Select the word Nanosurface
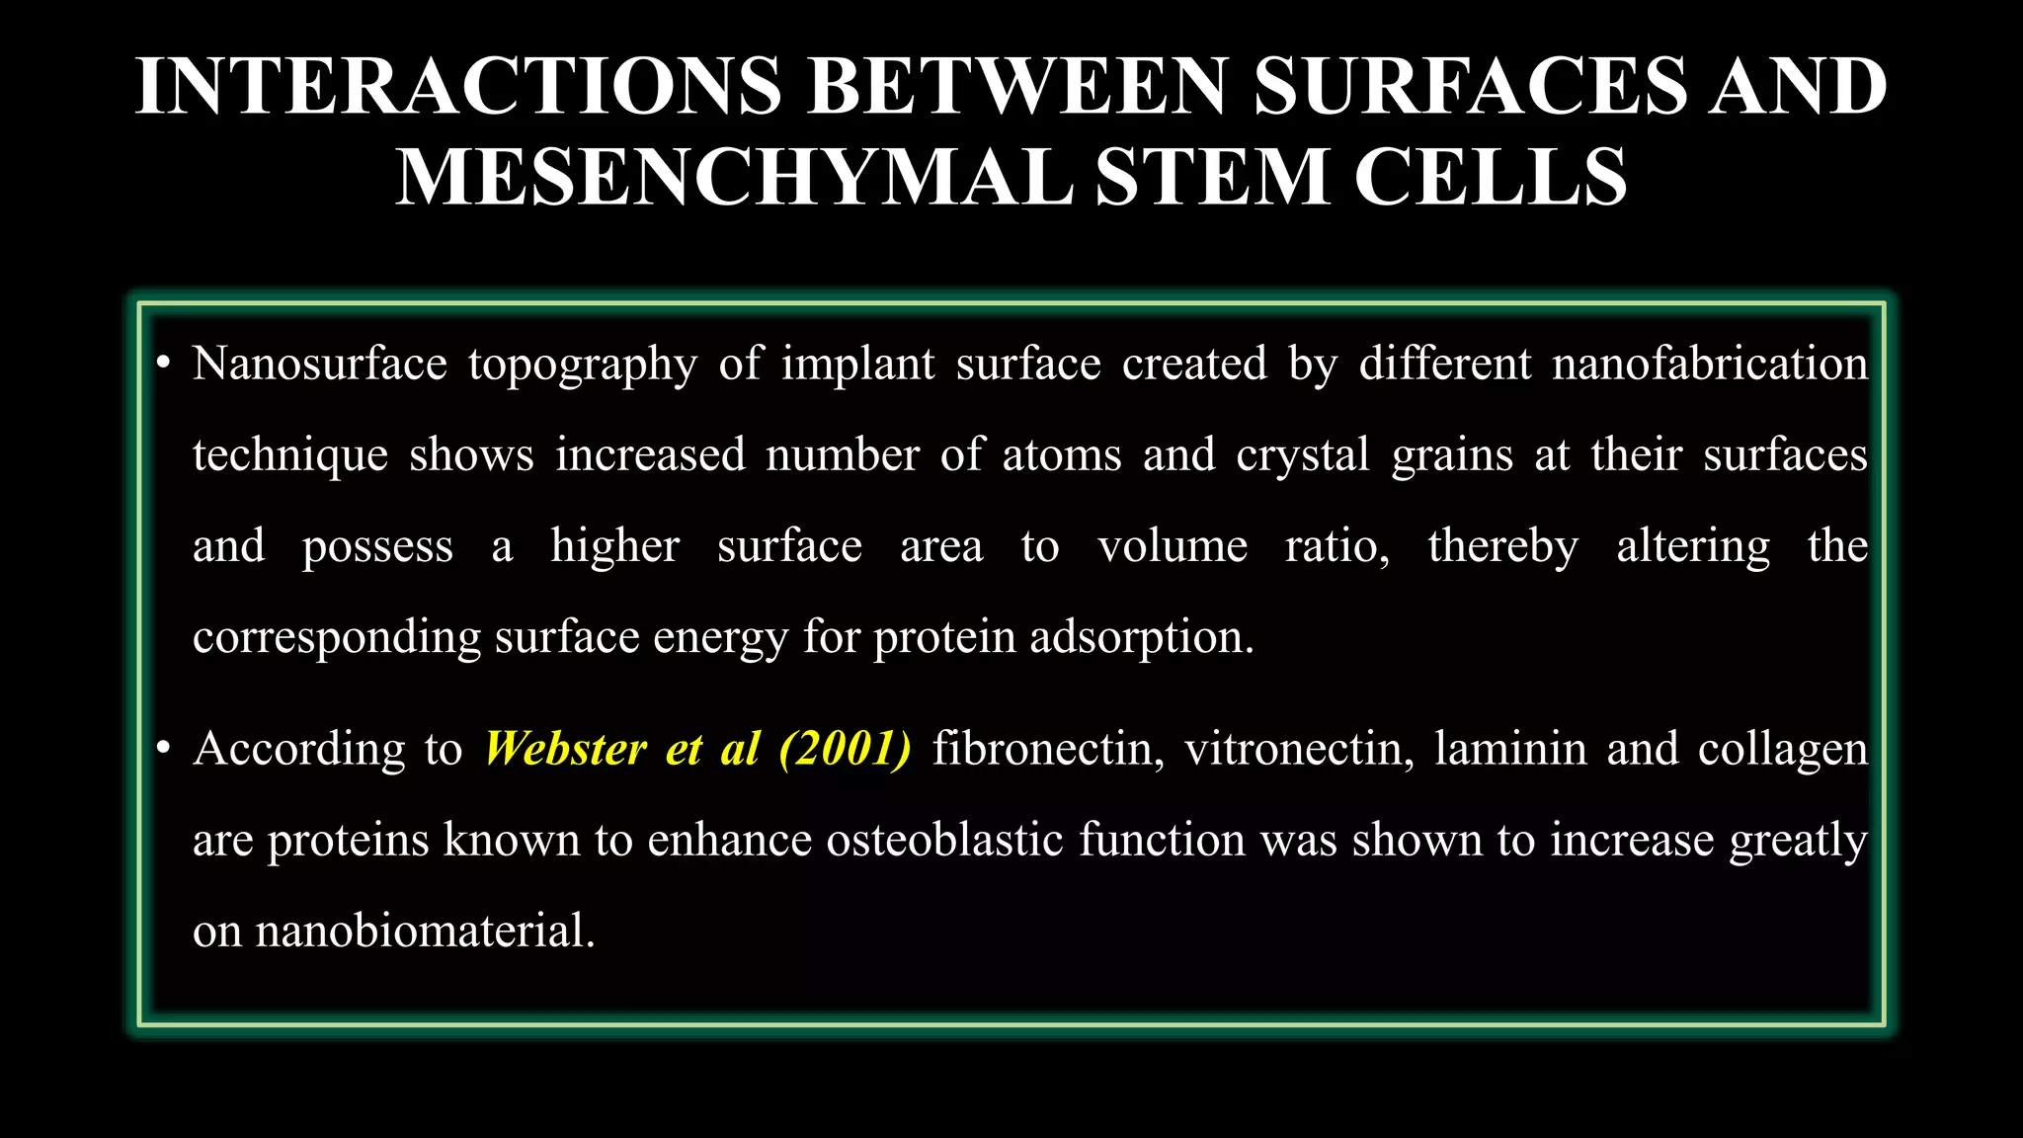[319, 364]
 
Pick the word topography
[582, 366]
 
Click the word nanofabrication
[1710, 364]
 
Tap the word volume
[1172, 546]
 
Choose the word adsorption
[1141, 638]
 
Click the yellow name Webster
[565, 749]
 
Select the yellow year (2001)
[845, 749]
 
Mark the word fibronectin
[1048, 749]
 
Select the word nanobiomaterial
[425, 931]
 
